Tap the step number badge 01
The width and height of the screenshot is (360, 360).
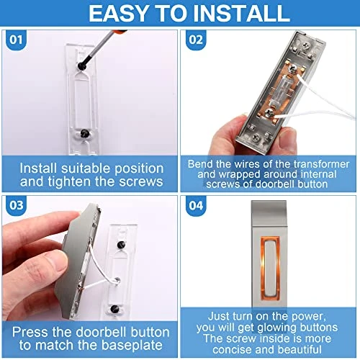click(x=14, y=40)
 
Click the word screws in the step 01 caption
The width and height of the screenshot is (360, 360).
click(x=140, y=181)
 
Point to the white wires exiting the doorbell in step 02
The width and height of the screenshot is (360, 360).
click(x=324, y=108)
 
